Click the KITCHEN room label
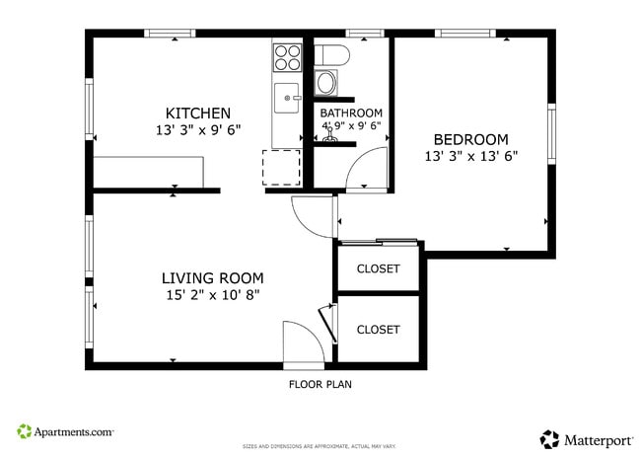[x=197, y=113]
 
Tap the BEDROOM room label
[x=471, y=139]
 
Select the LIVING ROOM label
[x=212, y=278]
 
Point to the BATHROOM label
[x=350, y=114]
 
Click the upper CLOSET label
[x=378, y=268]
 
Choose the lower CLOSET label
[x=378, y=330]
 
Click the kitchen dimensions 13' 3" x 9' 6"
[x=197, y=130]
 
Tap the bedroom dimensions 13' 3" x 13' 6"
[x=471, y=156]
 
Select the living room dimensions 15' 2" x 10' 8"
[x=212, y=295]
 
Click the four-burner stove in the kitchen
[x=287, y=58]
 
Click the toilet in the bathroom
[x=328, y=55]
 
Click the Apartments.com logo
[x=65, y=432]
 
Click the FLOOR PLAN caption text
[x=320, y=384]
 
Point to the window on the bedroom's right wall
[x=551, y=134]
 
